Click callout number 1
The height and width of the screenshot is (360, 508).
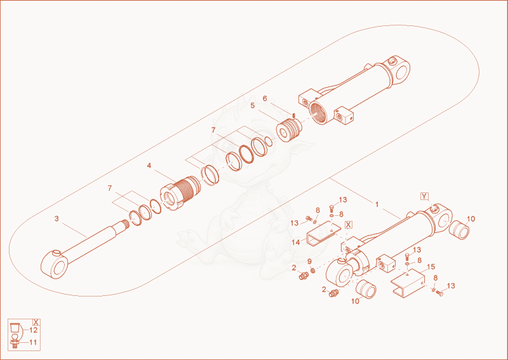(377, 204)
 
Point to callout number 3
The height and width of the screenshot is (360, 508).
(57, 218)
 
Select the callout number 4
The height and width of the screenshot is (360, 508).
(149, 166)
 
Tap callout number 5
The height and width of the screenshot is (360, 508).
(253, 105)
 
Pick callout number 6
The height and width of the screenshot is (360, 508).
(265, 98)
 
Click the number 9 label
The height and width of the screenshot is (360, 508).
(309, 262)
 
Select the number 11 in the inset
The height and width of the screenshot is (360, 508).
(33, 342)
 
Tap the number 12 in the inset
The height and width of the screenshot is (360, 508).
(34, 330)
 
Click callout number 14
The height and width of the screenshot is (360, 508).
(296, 243)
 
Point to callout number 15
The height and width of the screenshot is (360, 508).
(431, 267)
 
